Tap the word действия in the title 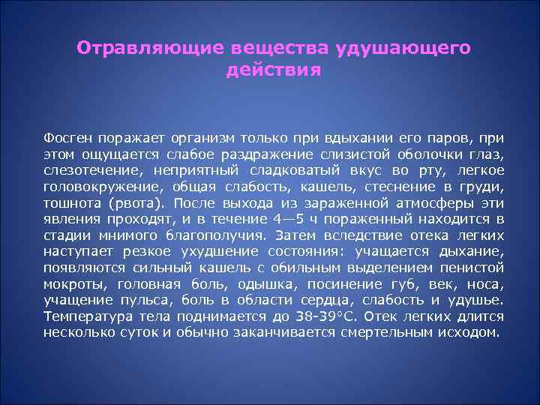click(x=273, y=71)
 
